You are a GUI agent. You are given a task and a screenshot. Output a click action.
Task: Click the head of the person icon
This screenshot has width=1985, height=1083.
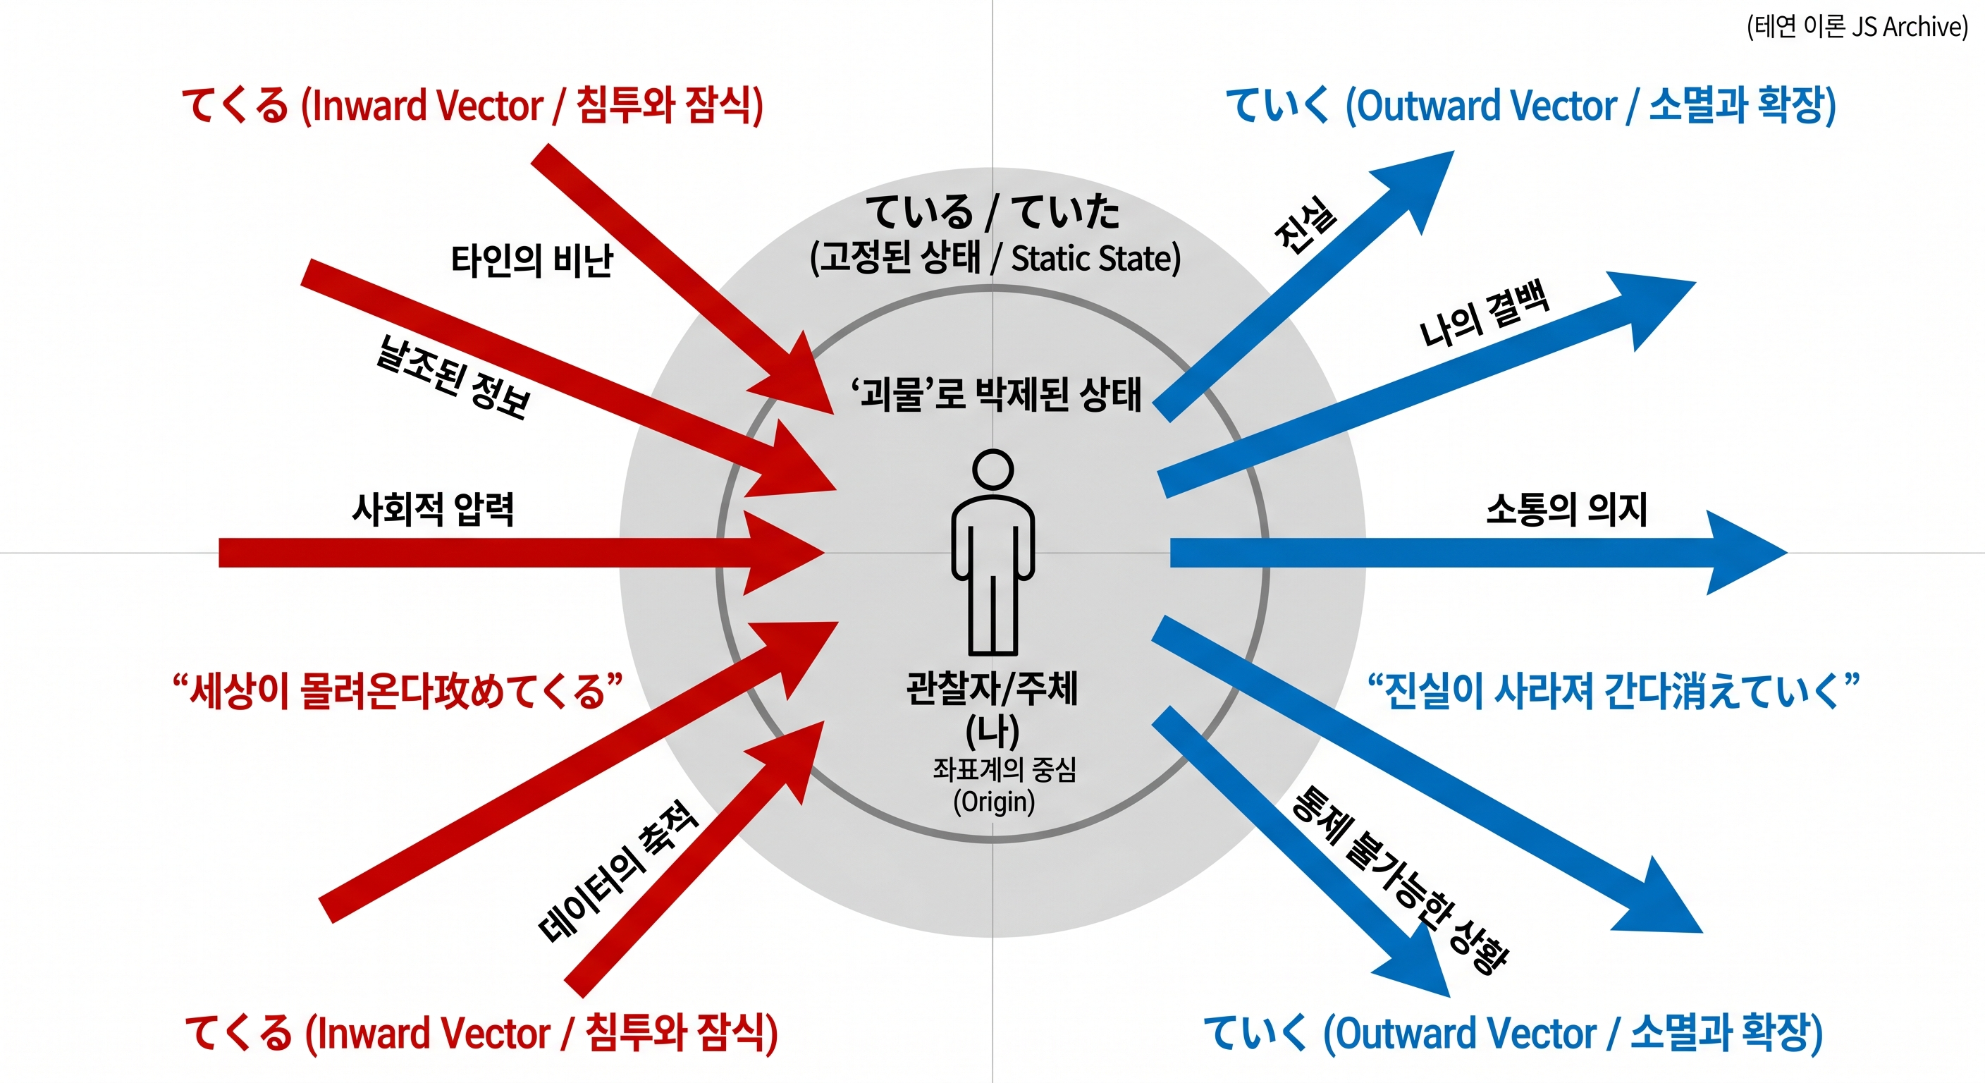point(993,469)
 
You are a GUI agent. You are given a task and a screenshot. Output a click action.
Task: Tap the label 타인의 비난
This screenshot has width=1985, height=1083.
point(531,261)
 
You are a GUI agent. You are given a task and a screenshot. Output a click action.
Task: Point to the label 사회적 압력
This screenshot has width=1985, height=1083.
point(433,509)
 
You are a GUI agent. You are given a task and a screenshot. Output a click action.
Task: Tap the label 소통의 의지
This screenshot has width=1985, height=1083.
point(1566,509)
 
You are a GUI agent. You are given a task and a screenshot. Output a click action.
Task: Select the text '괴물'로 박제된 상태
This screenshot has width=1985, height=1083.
point(995,394)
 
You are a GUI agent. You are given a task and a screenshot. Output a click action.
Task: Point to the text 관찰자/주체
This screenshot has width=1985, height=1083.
point(993,687)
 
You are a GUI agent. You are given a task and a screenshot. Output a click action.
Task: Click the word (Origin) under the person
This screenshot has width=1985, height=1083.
point(994,802)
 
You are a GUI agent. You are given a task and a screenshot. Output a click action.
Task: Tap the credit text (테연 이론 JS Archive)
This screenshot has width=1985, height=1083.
point(1857,27)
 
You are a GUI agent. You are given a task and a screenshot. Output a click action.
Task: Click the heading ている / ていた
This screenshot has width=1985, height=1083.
point(993,212)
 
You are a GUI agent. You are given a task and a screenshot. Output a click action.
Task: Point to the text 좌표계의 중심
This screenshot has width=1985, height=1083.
point(1004,769)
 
